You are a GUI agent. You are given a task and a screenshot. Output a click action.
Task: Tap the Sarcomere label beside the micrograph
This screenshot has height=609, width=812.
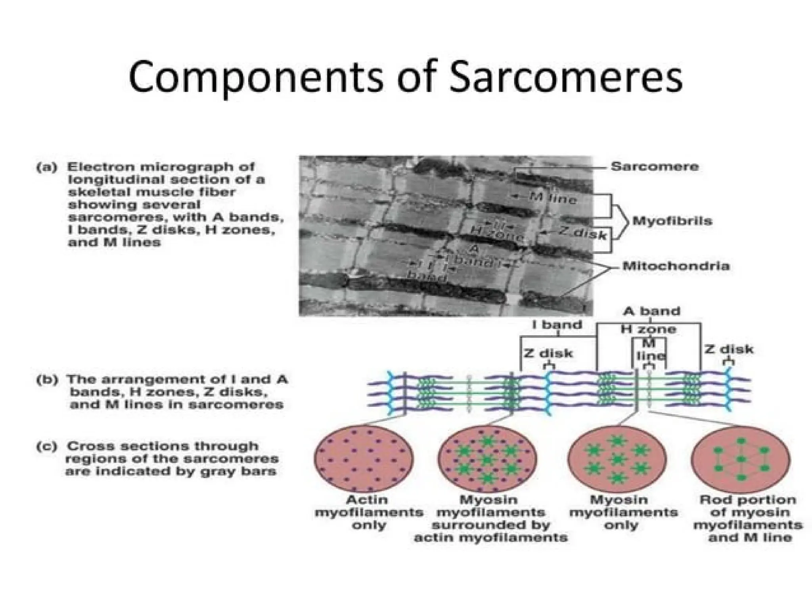(x=655, y=167)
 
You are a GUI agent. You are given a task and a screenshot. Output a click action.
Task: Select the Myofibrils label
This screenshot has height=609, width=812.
(x=672, y=220)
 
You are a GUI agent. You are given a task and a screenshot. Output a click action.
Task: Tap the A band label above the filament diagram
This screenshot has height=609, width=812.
(x=651, y=311)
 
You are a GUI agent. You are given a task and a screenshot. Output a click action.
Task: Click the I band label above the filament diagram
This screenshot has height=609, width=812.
(x=557, y=325)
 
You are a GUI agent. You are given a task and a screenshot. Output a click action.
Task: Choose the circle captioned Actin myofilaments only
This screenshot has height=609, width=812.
(x=364, y=459)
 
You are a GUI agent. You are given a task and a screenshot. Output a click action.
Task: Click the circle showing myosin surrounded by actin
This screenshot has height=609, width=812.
(x=487, y=459)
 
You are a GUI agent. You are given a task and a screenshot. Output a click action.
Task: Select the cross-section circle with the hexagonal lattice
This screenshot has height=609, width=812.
(x=741, y=459)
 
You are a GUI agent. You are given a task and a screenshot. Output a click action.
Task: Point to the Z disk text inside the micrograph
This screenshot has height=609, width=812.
(x=582, y=234)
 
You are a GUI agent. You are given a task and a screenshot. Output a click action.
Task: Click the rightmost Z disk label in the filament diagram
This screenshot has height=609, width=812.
(x=729, y=350)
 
